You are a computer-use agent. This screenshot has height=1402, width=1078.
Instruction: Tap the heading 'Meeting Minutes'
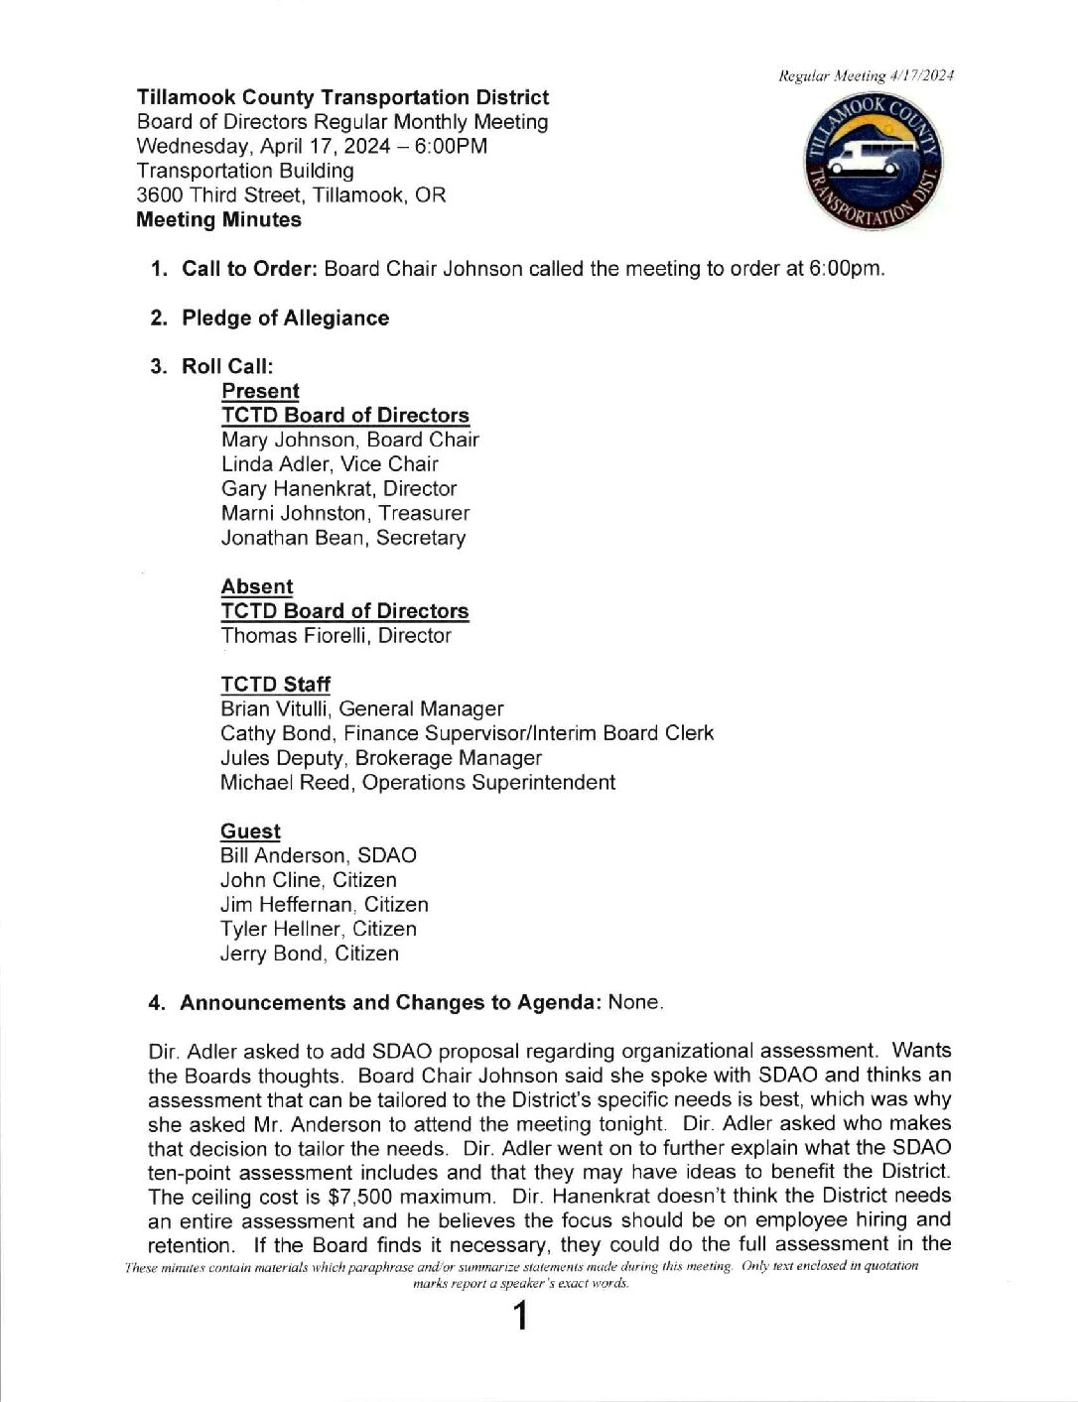click(218, 220)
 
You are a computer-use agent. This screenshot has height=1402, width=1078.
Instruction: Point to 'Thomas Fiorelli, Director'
click(336, 636)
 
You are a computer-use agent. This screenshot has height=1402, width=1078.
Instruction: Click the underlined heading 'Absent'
click(257, 586)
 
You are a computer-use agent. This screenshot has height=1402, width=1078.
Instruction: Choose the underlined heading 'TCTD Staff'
click(275, 685)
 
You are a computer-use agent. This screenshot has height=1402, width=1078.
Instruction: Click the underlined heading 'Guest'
click(250, 831)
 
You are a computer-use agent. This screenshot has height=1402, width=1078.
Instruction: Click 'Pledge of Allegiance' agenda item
click(285, 319)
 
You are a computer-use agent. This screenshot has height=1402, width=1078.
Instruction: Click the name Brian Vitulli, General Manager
click(361, 709)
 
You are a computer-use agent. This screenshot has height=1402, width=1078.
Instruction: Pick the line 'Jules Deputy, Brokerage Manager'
click(380, 758)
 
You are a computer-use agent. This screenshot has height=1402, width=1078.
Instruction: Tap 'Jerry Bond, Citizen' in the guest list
click(309, 954)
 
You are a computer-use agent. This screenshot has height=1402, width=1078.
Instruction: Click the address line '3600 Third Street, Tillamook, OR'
click(291, 195)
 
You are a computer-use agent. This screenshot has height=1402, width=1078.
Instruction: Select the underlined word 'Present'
click(260, 391)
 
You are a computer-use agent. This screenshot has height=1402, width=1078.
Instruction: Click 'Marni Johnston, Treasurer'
click(344, 513)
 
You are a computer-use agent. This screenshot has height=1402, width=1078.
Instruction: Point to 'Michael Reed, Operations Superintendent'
click(417, 782)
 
